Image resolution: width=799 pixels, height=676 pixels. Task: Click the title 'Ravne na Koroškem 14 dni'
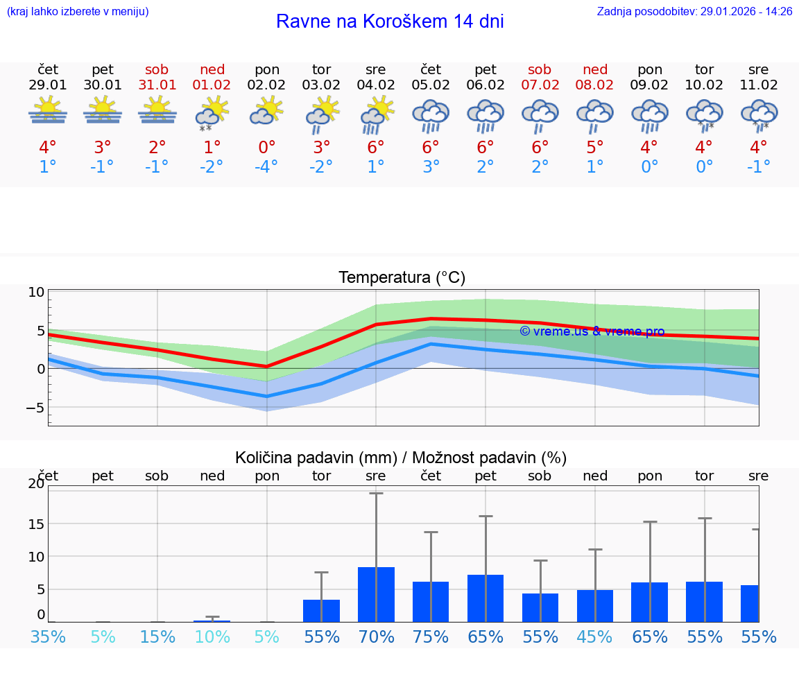coord(390,21)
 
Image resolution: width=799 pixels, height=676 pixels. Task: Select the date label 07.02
coord(540,85)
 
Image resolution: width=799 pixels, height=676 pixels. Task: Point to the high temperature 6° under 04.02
coord(376,148)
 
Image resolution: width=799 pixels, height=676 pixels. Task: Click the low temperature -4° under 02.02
coord(267,167)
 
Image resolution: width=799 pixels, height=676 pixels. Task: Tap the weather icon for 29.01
coord(48,111)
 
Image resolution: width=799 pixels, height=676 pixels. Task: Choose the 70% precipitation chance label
coord(376,636)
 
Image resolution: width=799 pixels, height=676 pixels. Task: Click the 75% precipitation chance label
coord(431,636)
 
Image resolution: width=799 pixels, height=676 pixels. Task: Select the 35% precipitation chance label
coord(48,636)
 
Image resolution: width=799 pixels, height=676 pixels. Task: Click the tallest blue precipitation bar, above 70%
coord(376,594)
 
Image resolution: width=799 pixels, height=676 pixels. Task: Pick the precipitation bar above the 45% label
coord(595,605)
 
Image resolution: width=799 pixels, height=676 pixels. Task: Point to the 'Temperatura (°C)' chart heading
coord(402,278)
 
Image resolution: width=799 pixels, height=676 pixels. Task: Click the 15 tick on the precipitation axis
coord(36,523)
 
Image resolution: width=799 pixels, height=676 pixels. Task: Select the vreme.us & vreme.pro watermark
coord(592,331)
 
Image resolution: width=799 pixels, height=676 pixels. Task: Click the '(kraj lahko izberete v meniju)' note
coord(78,12)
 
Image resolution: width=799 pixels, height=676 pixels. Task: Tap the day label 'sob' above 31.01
coord(157,69)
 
